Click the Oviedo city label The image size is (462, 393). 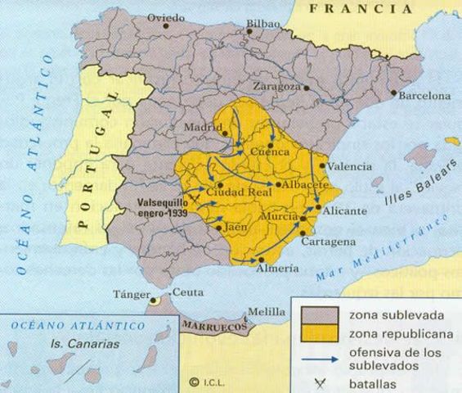point(167,16)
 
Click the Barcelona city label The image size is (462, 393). point(424,96)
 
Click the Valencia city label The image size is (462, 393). point(349,165)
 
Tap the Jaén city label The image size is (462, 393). point(235,228)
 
